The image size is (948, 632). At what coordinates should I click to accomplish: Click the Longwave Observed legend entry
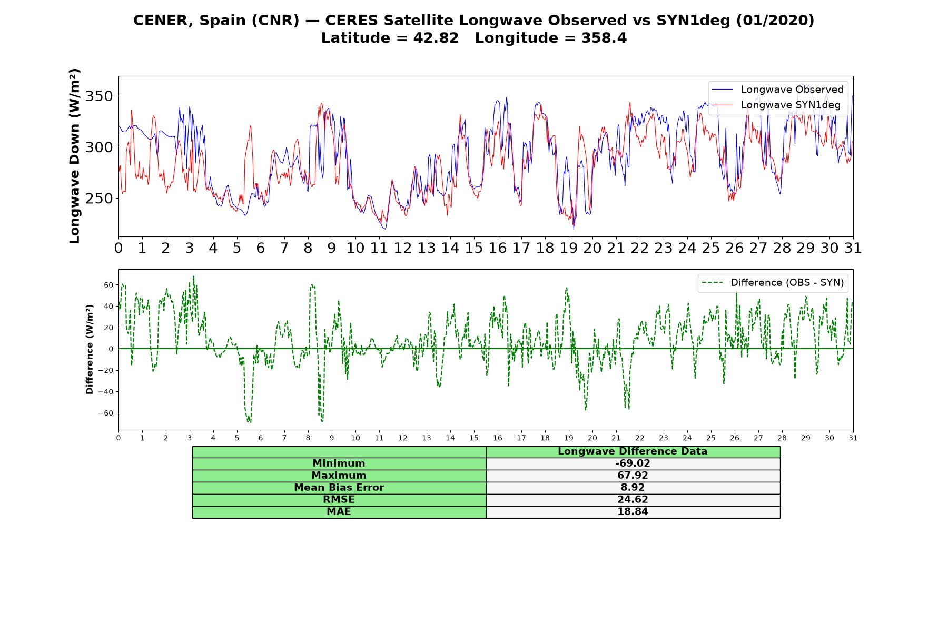click(x=777, y=90)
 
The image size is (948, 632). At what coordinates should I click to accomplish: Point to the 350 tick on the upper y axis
click(x=100, y=96)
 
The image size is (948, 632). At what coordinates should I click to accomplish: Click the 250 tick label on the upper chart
click(x=100, y=199)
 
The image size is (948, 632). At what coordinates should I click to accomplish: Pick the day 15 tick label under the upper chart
click(x=474, y=248)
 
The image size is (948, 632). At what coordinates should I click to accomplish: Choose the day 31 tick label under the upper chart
click(x=853, y=248)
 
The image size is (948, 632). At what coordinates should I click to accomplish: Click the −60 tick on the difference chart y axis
click(x=105, y=413)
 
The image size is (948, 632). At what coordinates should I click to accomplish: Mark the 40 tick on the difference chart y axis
click(x=108, y=307)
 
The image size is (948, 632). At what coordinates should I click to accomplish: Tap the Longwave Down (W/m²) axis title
click(x=74, y=156)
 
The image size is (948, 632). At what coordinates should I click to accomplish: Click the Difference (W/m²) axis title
click(x=90, y=349)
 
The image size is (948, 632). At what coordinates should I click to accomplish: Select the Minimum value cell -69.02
click(x=633, y=463)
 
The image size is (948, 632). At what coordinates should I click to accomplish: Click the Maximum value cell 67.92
click(x=633, y=476)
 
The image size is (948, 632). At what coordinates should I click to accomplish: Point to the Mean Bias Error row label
click(x=339, y=488)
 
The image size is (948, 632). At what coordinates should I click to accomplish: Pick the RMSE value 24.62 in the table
click(x=633, y=500)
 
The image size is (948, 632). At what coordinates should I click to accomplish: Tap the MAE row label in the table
click(x=339, y=512)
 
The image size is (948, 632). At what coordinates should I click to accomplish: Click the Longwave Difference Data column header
click(x=633, y=451)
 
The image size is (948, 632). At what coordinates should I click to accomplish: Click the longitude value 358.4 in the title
click(x=604, y=38)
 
